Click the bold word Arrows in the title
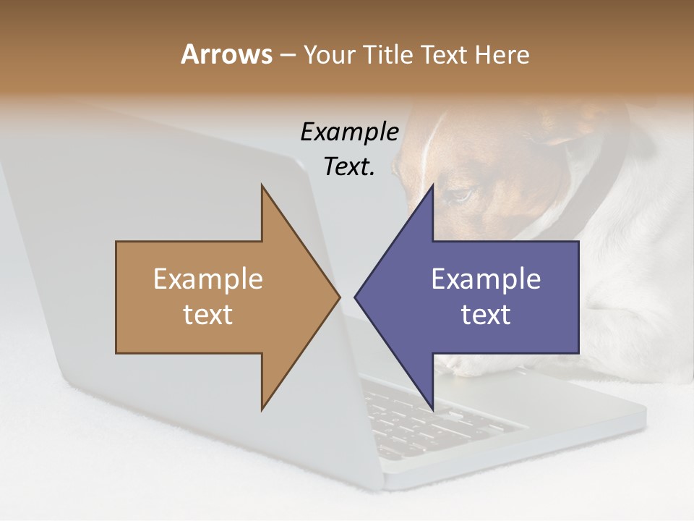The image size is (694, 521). click(226, 54)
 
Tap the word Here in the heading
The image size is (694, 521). click(502, 54)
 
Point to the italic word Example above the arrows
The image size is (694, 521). click(349, 132)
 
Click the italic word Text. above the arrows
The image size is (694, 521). click(349, 166)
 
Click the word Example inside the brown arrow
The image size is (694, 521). click(207, 279)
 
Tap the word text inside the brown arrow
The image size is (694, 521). click(207, 315)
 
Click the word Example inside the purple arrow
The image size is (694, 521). click(486, 279)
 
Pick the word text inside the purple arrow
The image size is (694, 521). click(486, 315)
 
